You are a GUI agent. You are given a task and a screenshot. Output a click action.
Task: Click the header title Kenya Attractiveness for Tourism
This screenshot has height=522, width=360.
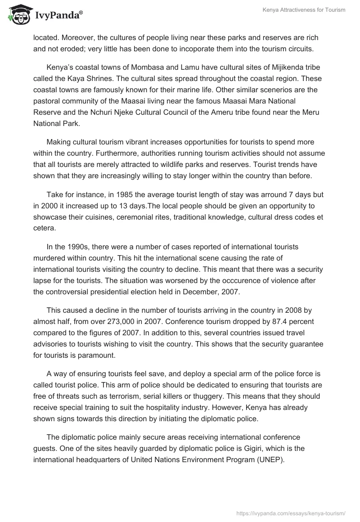click(304, 10)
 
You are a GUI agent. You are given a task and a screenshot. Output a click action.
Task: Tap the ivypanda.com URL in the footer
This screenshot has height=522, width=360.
click(291, 513)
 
